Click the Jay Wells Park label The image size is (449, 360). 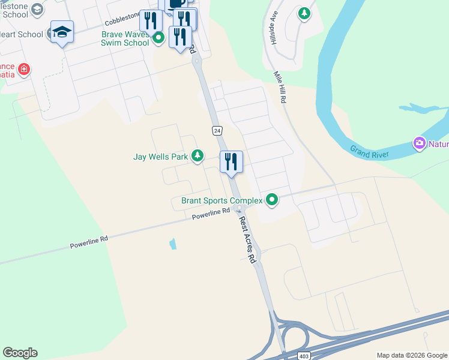(x=160, y=157)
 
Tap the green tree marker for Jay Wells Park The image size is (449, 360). (x=197, y=157)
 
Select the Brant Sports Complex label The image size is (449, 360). (x=221, y=200)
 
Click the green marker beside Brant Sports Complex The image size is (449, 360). (x=272, y=200)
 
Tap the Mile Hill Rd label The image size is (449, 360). (x=279, y=88)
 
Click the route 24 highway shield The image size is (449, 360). (x=217, y=130)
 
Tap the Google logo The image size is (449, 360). (x=20, y=353)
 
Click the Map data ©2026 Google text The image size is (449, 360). (x=411, y=355)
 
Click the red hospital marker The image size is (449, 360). (x=23, y=70)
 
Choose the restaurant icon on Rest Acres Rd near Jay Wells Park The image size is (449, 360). (x=231, y=162)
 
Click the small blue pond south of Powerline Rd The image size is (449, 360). (x=173, y=244)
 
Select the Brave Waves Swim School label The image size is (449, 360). (x=125, y=38)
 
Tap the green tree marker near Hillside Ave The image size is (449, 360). (x=304, y=13)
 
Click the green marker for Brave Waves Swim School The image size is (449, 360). (x=158, y=39)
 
